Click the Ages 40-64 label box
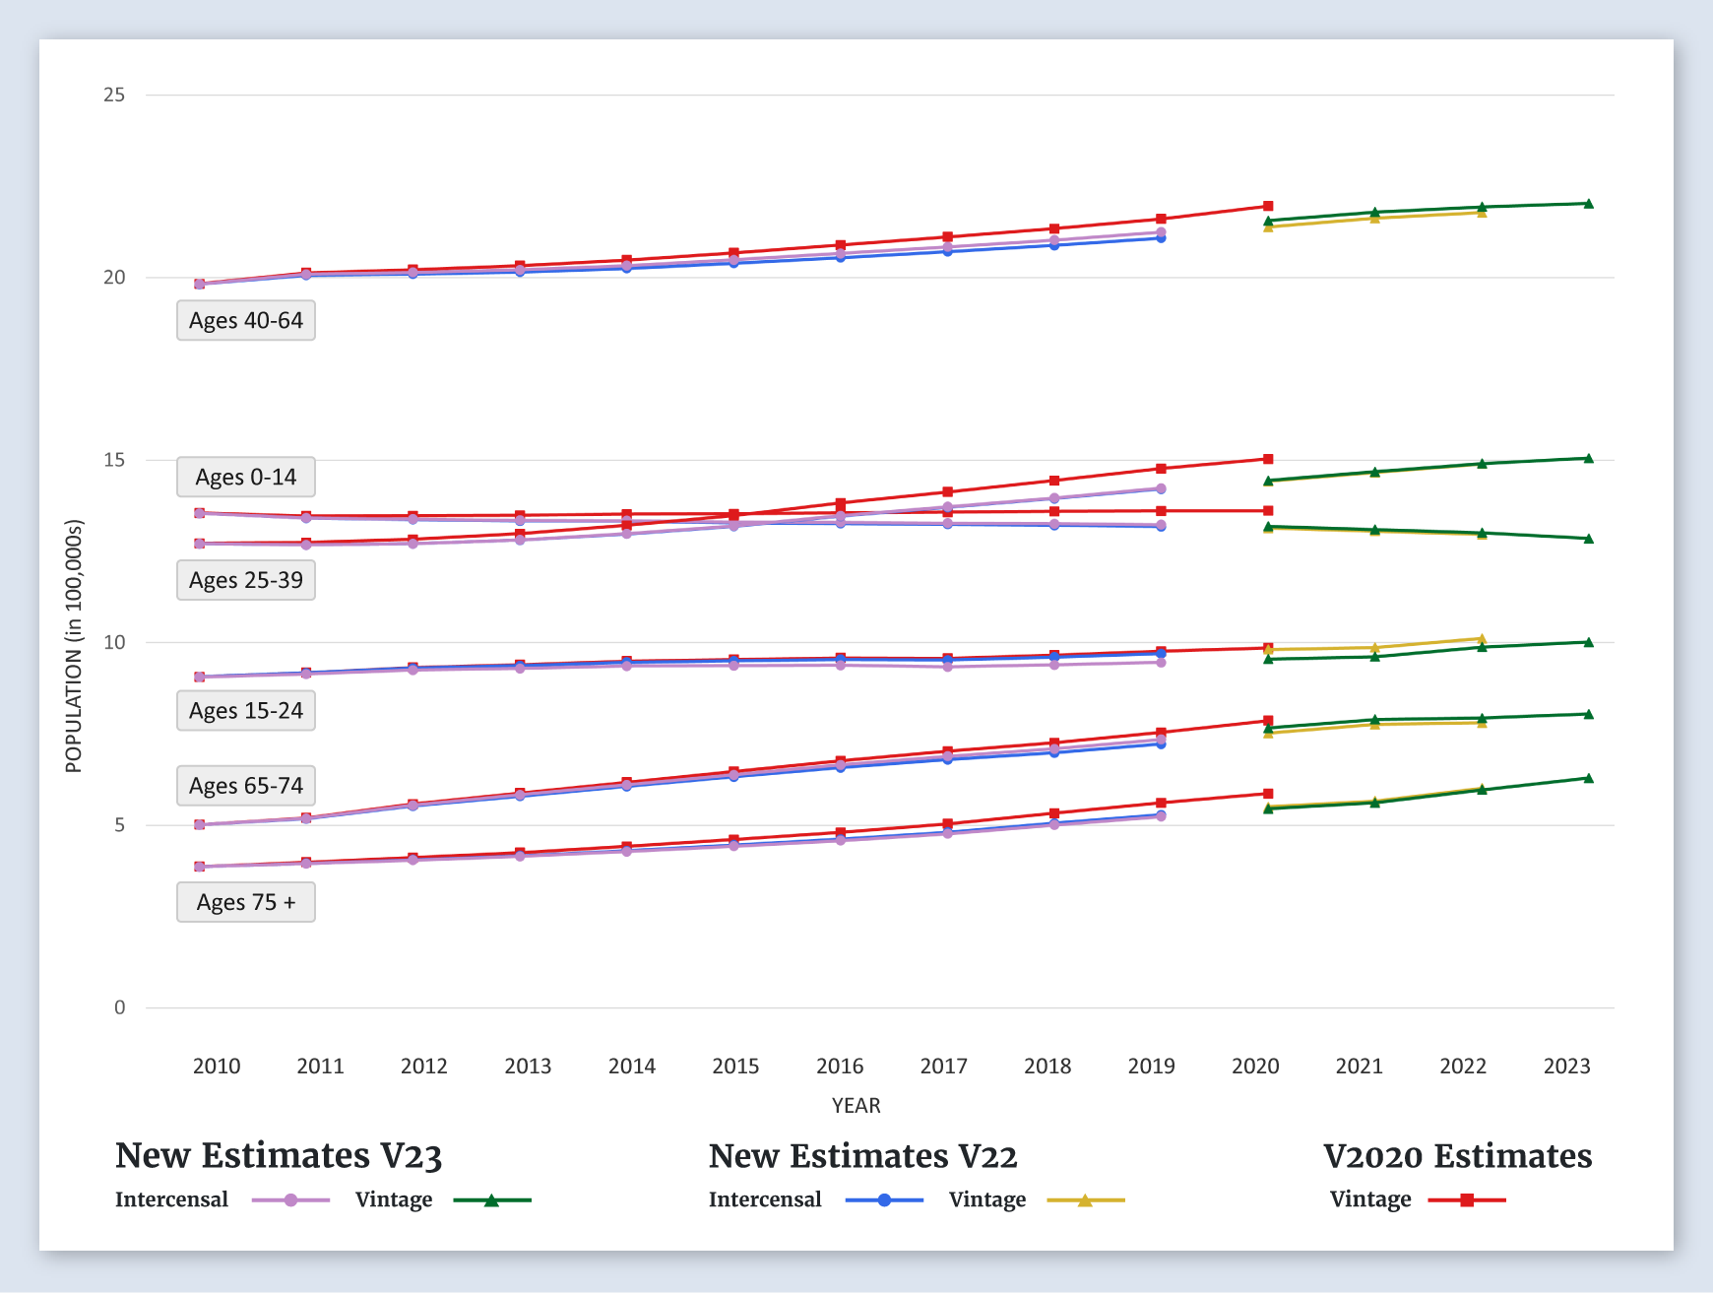coord(246,321)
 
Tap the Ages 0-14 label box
coord(246,478)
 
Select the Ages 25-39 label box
coord(246,581)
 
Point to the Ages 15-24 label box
coord(246,711)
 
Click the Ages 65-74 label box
coord(246,786)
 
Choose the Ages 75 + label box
coord(246,903)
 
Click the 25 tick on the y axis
coord(114,95)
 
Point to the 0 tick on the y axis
coord(120,1007)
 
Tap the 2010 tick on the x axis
coord(217,1067)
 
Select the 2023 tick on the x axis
coord(1566,1067)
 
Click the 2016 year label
coord(840,1067)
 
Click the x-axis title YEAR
coord(856,1106)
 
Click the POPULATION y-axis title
coord(74,646)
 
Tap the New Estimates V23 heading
coord(279,1156)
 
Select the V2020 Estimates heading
coord(1457,1156)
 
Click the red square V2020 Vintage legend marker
coord(1467,1200)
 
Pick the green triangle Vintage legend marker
coord(491,1200)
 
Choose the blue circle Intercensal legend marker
coord(884,1200)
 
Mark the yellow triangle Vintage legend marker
coord(1085,1200)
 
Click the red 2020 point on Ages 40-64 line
coord(1268,207)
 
